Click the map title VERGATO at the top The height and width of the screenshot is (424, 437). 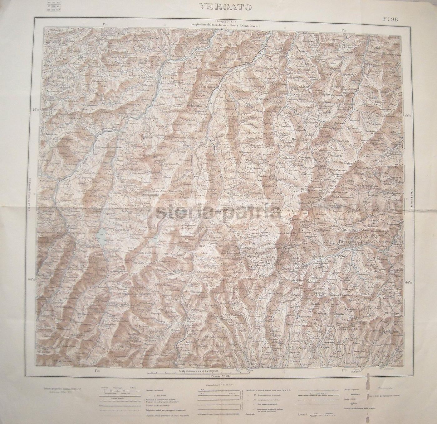coord(225,7)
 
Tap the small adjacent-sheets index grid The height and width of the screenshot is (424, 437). coord(54,6)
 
